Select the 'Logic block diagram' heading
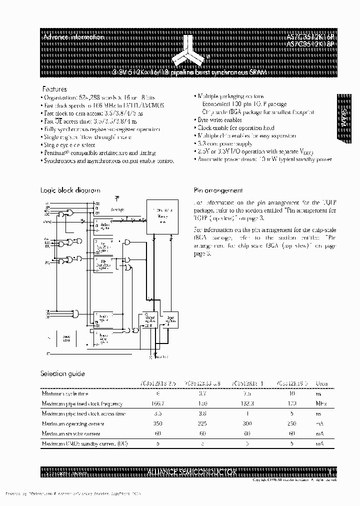click(x=70, y=190)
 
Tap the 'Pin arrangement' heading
click(x=218, y=190)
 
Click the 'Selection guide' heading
click(x=62, y=373)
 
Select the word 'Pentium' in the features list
click(x=54, y=152)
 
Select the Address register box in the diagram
click(x=103, y=226)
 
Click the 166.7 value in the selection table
click(x=158, y=403)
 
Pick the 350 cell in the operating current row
click(x=158, y=423)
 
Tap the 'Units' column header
click(x=319, y=383)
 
